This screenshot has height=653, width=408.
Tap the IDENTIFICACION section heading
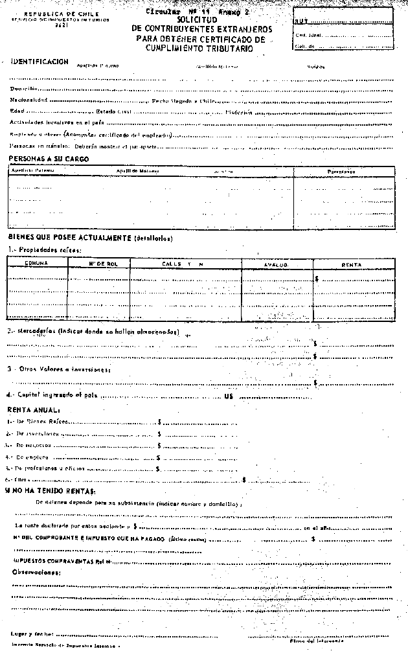click(40, 62)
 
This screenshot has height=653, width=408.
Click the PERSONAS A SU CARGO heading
click(49, 159)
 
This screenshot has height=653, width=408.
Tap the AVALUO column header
click(277, 265)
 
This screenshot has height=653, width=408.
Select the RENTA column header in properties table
click(352, 265)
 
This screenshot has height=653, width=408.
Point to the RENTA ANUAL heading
click(34, 410)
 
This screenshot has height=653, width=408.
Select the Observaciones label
click(37, 573)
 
